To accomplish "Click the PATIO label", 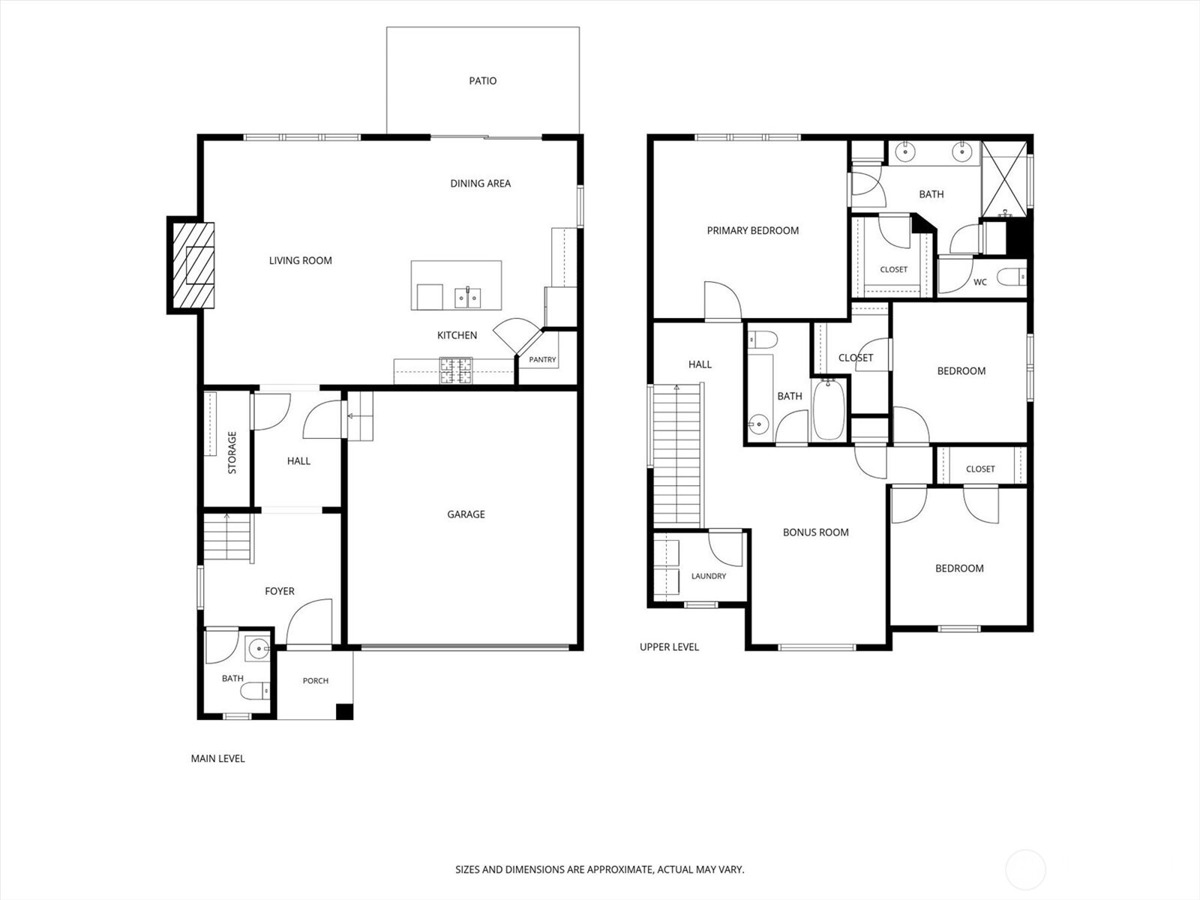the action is [483, 81].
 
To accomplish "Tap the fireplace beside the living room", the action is [190, 265].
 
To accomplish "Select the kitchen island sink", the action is [468, 298].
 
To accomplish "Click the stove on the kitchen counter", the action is [456, 370].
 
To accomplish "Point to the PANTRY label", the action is [542, 359].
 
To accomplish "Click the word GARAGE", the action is [466, 514].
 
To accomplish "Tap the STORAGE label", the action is [232, 452].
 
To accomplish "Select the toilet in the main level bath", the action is [255, 691].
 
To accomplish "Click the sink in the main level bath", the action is [258, 649].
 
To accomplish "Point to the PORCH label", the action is [316, 681].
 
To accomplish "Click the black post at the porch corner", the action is [344, 712].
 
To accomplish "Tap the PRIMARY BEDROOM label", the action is [753, 230].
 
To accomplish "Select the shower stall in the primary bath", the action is [1005, 179].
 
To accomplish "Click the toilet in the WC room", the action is [1012, 277].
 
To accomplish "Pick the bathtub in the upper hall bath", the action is [829, 409].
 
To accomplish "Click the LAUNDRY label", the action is [709, 576].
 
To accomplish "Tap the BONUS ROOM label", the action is [816, 532].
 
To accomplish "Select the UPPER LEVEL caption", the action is [669, 647].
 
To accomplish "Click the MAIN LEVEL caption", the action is [217, 758].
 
